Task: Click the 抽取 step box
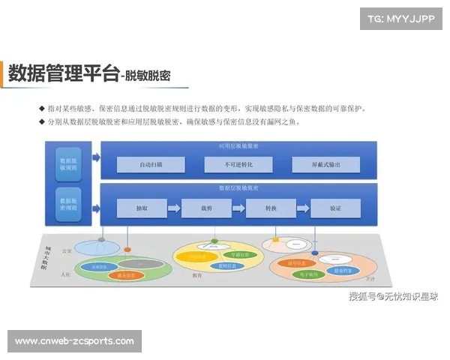pyautogui.click(x=141, y=208)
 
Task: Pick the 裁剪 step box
pyautogui.click(x=205, y=208)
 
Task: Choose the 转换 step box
pyautogui.click(x=271, y=208)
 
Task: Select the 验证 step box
pyautogui.click(x=335, y=208)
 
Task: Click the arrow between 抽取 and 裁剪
pyautogui.click(x=173, y=208)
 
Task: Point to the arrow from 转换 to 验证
pyautogui.click(x=303, y=208)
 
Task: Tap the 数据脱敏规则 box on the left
pyautogui.click(x=69, y=164)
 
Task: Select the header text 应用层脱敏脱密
pyautogui.click(x=238, y=145)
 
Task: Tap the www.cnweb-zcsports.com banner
pyautogui.click(x=74, y=341)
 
